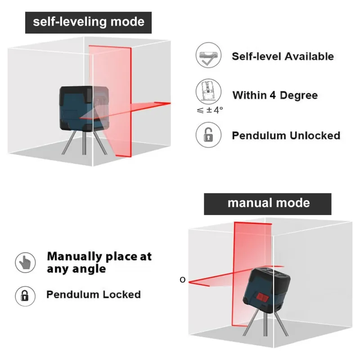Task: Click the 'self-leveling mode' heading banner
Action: [88, 22]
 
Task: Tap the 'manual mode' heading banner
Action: [268, 203]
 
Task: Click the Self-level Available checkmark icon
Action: [208, 56]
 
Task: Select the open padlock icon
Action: [208, 135]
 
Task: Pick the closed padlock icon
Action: [26, 296]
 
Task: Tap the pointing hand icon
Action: [26, 262]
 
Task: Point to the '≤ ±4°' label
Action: [210, 109]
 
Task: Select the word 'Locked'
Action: [122, 295]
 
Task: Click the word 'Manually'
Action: [75, 256]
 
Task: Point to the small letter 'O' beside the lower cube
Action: [182, 280]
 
